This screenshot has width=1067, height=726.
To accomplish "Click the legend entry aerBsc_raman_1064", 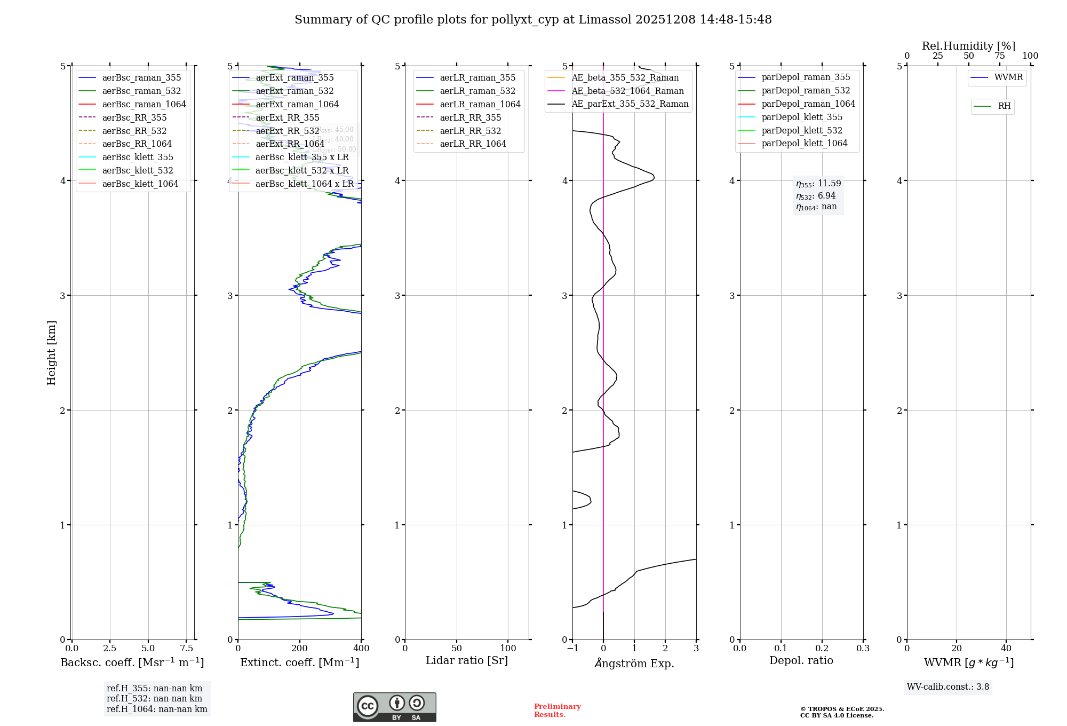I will point(144,104).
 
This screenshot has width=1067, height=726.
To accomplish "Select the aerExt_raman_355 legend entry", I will point(294,78).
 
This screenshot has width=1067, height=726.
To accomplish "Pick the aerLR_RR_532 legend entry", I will point(470,131).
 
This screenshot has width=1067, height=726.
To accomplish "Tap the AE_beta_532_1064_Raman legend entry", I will point(627,91).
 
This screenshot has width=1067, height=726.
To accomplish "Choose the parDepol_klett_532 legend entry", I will point(801,130).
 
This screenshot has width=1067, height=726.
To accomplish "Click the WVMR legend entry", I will point(1008,77).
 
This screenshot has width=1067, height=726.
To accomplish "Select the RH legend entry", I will point(1004,106).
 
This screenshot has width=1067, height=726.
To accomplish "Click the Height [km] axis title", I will point(51,352).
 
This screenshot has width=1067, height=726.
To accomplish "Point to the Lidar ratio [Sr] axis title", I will point(467,660).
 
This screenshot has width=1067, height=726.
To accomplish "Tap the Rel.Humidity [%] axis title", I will point(968,46).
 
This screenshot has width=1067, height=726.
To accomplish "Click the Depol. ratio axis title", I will point(801,660).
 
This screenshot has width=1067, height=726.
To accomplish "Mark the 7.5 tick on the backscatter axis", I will point(186,649).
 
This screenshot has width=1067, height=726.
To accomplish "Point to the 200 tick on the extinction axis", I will point(300,649).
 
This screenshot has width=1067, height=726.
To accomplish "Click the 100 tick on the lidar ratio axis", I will point(508,649).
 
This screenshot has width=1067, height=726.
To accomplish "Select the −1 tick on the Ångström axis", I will point(572,649).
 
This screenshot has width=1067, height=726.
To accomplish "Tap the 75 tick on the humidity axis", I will point(999,56).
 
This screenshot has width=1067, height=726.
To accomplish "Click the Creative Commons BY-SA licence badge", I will point(394,707).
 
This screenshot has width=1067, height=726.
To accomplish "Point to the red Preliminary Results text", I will point(557,711).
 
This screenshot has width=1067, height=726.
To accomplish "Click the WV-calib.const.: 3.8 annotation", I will point(947,687).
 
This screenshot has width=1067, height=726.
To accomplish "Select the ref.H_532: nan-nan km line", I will point(154,699).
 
